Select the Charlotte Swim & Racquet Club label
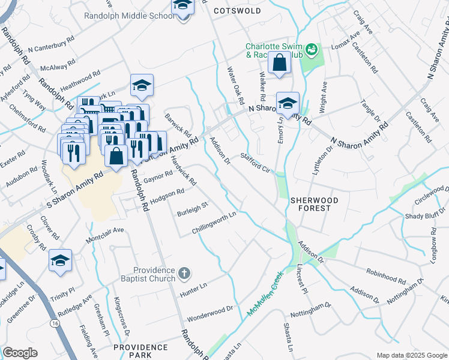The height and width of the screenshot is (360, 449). coord(273,51)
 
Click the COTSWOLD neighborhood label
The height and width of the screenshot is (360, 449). coord(237,11)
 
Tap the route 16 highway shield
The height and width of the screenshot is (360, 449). coord(55,323)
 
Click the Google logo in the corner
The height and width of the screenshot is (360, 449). coord(20,353)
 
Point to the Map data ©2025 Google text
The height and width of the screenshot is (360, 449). coord(411,355)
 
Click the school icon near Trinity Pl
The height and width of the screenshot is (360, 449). coord(60,260)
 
